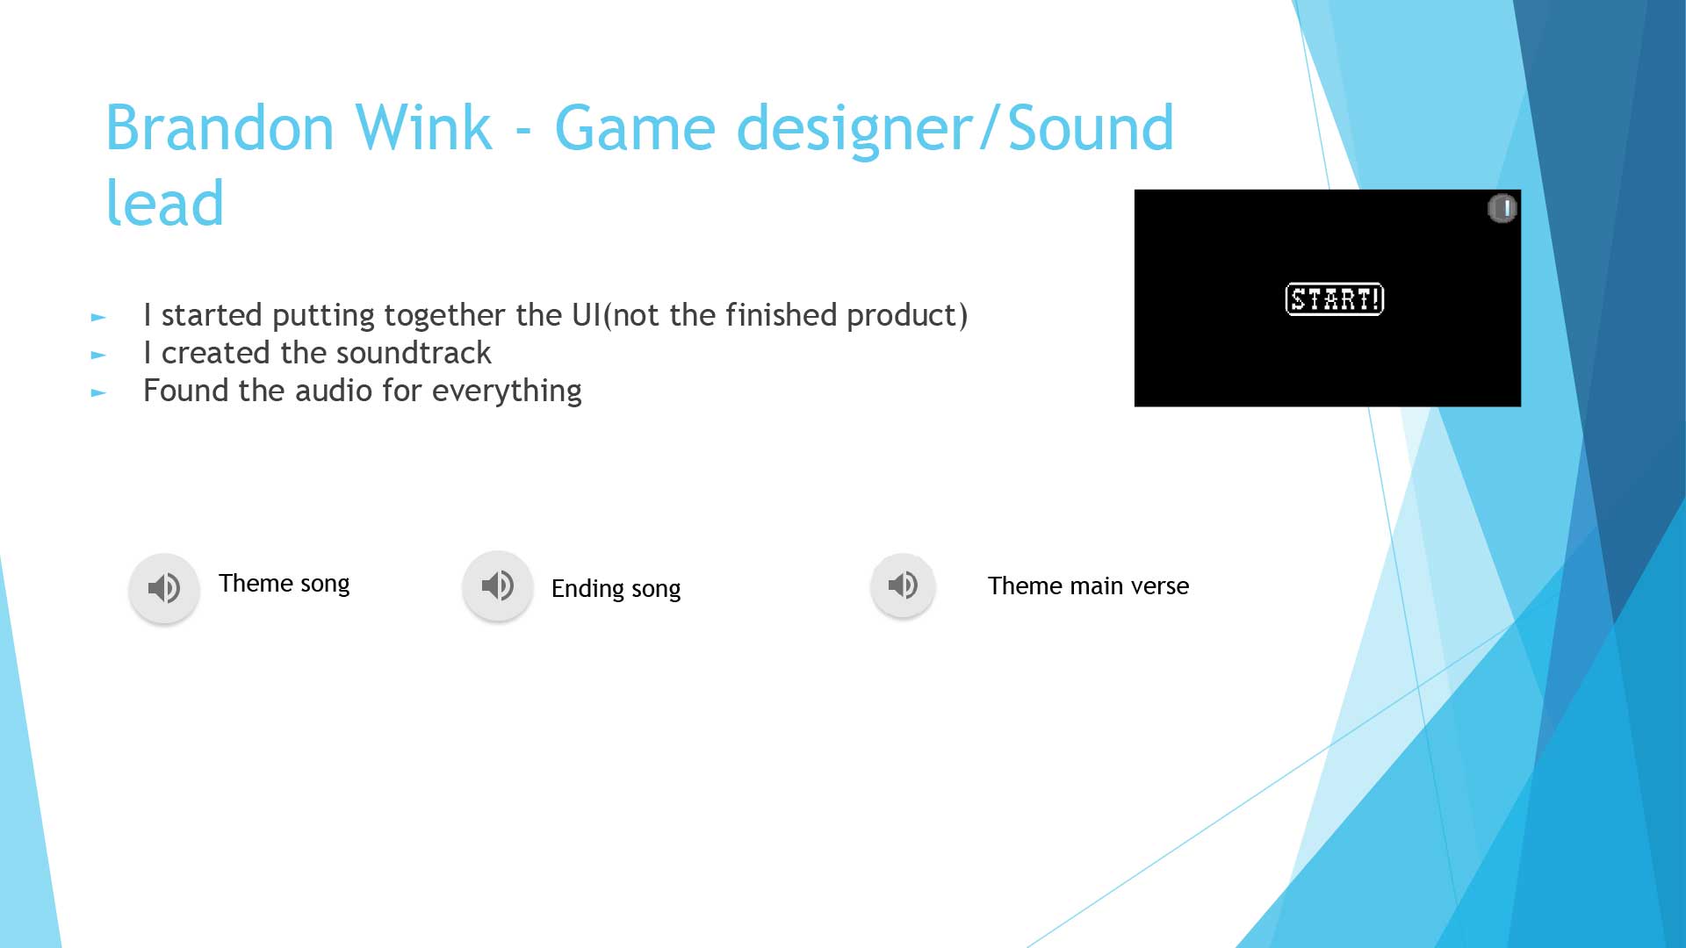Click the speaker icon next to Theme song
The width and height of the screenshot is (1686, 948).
tap(164, 587)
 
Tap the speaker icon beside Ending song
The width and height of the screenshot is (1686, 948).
tap(498, 585)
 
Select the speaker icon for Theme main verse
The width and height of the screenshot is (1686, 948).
tap(903, 585)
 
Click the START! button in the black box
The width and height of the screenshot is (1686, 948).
tap(1334, 299)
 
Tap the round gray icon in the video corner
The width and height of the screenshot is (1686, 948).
tap(1502, 209)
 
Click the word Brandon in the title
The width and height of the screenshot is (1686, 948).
tap(220, 128)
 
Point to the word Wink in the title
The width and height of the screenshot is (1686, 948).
tap(422, 128)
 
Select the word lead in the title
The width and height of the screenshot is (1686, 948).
tap(165, 203)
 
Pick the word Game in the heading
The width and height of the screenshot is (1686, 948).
tap(635, 128)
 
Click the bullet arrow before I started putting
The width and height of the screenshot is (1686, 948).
tap(98, 317)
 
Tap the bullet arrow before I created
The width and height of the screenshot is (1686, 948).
tap(98, 355)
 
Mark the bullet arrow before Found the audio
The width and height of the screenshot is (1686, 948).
tap(98, 392)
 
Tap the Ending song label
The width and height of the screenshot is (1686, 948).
tap(616, 589)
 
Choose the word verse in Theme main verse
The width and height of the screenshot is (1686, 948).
tap(1159, 585)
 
